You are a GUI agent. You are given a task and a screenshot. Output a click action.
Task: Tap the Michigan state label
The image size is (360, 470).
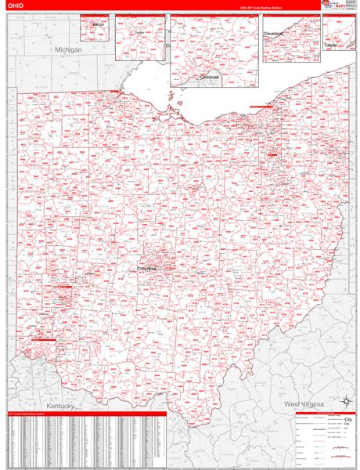pos(69,49)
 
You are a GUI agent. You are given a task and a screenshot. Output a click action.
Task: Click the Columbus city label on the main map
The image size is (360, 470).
pos(147,269)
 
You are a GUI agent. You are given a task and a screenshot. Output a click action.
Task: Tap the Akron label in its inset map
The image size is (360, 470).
pos(98,25)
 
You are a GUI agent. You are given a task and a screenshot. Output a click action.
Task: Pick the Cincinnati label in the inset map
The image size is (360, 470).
pos(210,78)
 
